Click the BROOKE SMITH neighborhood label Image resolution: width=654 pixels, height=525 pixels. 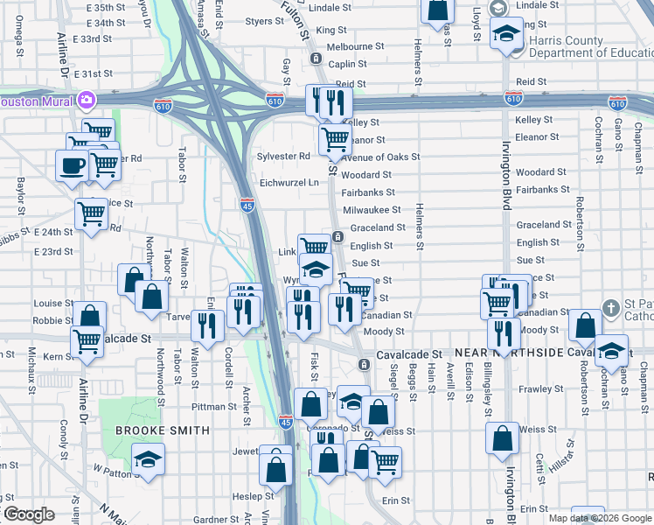pos(163,430)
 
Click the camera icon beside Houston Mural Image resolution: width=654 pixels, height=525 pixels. pos(87,100)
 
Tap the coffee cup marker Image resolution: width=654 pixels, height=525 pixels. pos(72,164)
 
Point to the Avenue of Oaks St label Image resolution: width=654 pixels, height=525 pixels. pos(380,157)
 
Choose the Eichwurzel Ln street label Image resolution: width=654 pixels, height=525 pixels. pos(289,183)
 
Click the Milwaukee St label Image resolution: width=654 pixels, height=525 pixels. pos(372,210)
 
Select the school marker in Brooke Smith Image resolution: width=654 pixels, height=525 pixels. pos(148,459)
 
